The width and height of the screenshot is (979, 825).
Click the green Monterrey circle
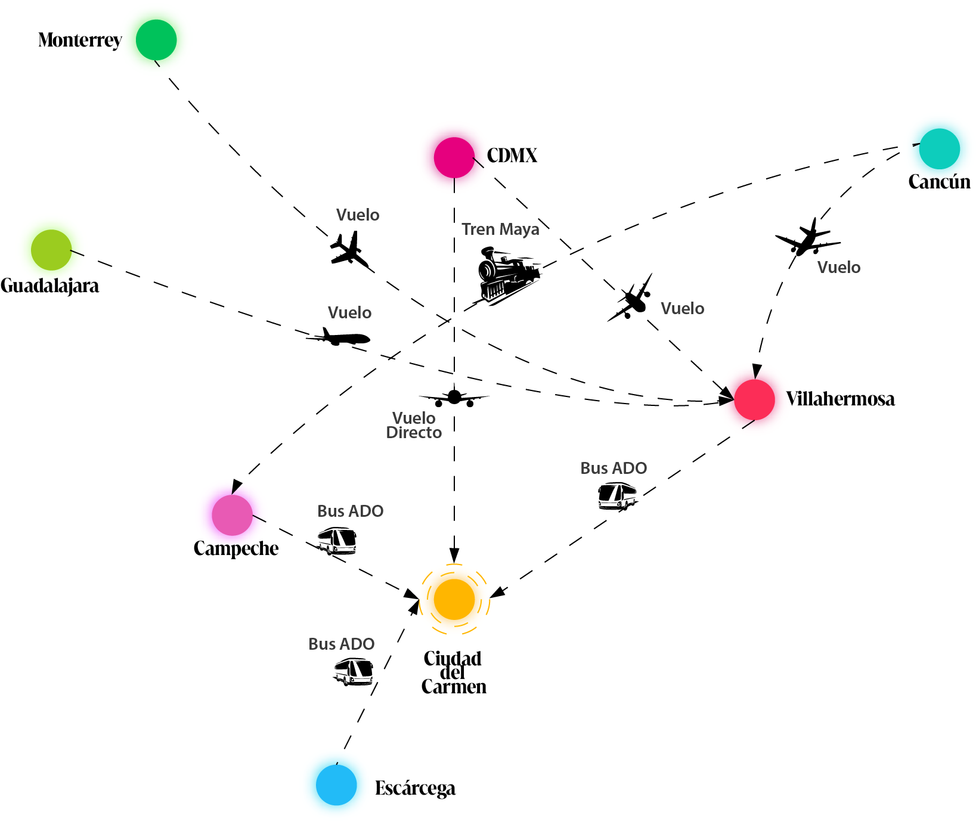[156, 40]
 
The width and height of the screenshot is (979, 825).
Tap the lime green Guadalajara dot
[51, 250]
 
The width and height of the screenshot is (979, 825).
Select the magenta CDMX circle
[454, 157]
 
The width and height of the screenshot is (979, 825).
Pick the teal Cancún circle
[939, 148]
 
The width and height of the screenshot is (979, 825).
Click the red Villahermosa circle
[754, 399]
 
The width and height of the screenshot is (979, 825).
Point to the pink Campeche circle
[233, 515]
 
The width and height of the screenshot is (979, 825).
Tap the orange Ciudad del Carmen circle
[454, 599]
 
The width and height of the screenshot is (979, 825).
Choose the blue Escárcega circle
[336, 785]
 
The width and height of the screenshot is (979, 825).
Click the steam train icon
[509, 275]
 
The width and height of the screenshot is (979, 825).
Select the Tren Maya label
[500, 229]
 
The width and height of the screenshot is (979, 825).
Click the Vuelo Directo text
[414, 426]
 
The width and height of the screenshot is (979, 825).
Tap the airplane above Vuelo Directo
[454, 398]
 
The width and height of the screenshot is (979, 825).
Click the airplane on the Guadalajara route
[339, 337]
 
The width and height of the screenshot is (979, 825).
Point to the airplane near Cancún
[808, 238]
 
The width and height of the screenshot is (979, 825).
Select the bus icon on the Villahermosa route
[617, 496]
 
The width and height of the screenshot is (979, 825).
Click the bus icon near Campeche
[337, 541]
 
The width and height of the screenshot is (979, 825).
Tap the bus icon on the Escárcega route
[354, 671]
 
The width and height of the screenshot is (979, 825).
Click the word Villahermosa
[840, 399]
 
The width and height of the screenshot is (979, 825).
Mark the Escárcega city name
[415, 789]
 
